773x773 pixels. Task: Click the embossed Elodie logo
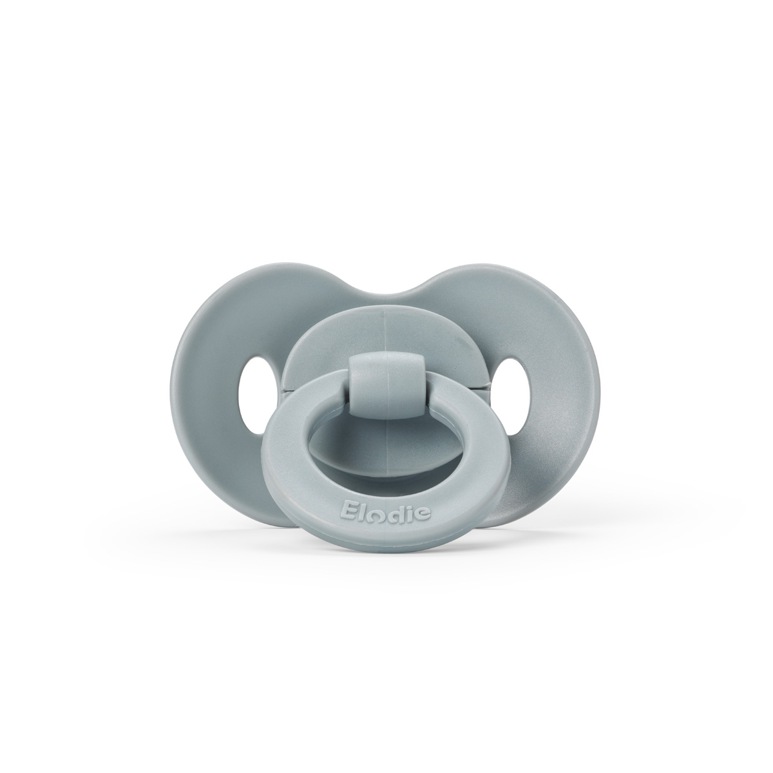tap(385, 511)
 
